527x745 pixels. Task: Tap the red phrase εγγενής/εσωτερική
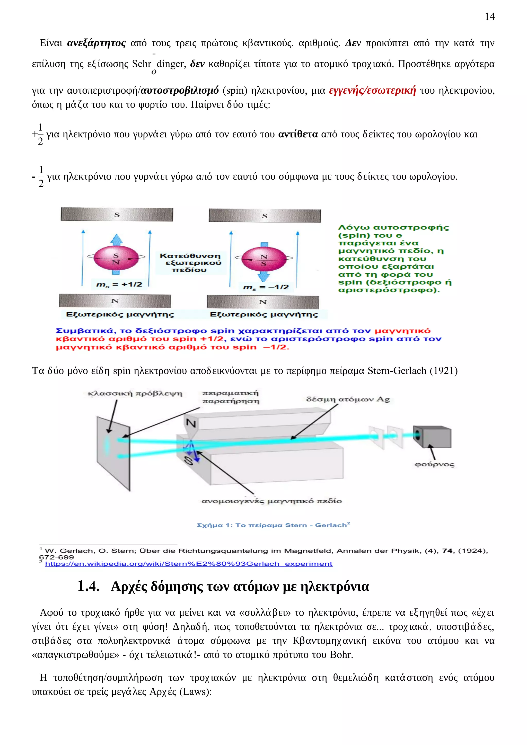tap(372, 90)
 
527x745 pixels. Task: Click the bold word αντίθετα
tap(298, 134)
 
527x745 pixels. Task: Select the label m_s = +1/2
tap(119, 285)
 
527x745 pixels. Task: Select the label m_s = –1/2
tap(266, 287)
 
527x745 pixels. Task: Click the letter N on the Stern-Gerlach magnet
tap(191, 423)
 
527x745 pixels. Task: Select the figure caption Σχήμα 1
tap(273, 525)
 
